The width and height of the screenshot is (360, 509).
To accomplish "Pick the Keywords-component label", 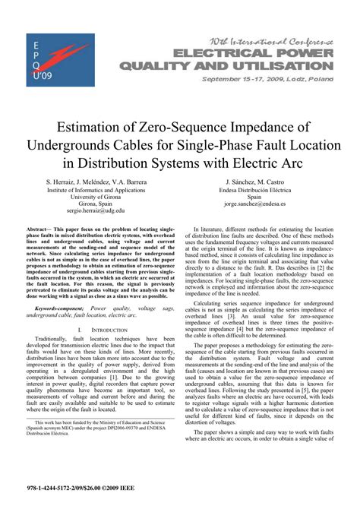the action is coord(60,309).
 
